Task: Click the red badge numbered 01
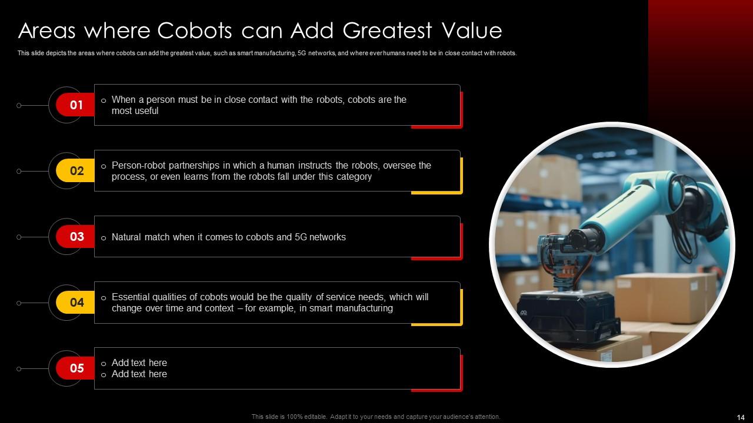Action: tap(76, 105)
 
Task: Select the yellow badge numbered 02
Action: tap(76, 171)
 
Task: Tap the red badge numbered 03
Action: tap(76, 237)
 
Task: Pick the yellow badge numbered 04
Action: tap(76, 303)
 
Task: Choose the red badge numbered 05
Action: tap(76, 368)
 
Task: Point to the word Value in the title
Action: tap(470, 31)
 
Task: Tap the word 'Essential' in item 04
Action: tap(131, 297)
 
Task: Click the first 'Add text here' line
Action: tap(139, 363)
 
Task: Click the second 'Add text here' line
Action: tap(139, 374)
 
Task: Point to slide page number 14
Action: tap(741, 417)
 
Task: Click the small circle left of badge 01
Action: tap(19, 106)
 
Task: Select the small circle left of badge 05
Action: tap(19, 369)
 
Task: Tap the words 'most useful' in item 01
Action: tap(135, 111)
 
